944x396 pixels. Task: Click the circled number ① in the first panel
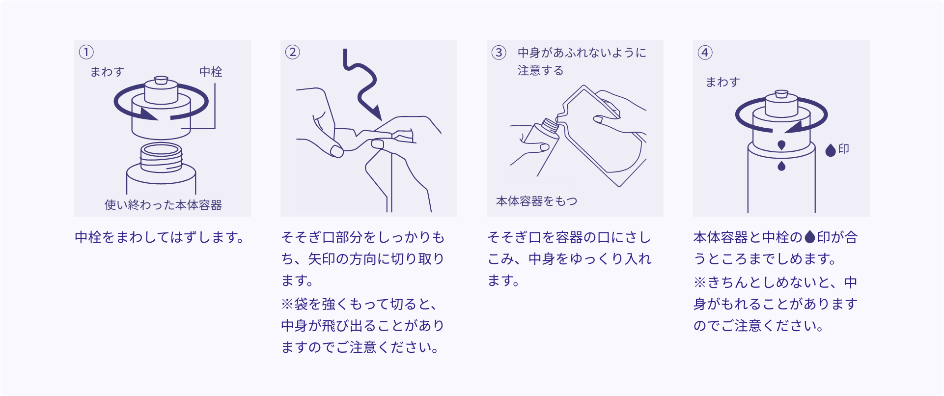tap(86, 52)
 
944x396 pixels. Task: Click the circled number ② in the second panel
tap(293, 52)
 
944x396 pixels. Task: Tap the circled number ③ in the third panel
tap(499, 53)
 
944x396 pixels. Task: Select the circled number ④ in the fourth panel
tap(705, 53)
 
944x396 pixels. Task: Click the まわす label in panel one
tap(107, 72)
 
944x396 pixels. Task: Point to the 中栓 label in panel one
tap(211, 72)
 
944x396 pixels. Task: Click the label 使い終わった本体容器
tap(163, 205)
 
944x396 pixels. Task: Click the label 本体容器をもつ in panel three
tap(537, 201)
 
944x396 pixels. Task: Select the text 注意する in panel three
tap(540, 71)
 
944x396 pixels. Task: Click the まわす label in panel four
tap(722, 82)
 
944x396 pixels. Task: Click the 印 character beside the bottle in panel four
tap(844, 149)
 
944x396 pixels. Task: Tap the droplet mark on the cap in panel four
tap(781, 145)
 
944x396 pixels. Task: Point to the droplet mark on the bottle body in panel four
tap(781, 166)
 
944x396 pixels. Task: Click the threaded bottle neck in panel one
tap(162, 157)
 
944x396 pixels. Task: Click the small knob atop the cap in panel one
tap(161, 80)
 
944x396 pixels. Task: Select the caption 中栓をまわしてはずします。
tap(160, 237)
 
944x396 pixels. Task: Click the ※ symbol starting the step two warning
tap(287, 304)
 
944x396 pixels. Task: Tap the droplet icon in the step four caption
tap(810, 237)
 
